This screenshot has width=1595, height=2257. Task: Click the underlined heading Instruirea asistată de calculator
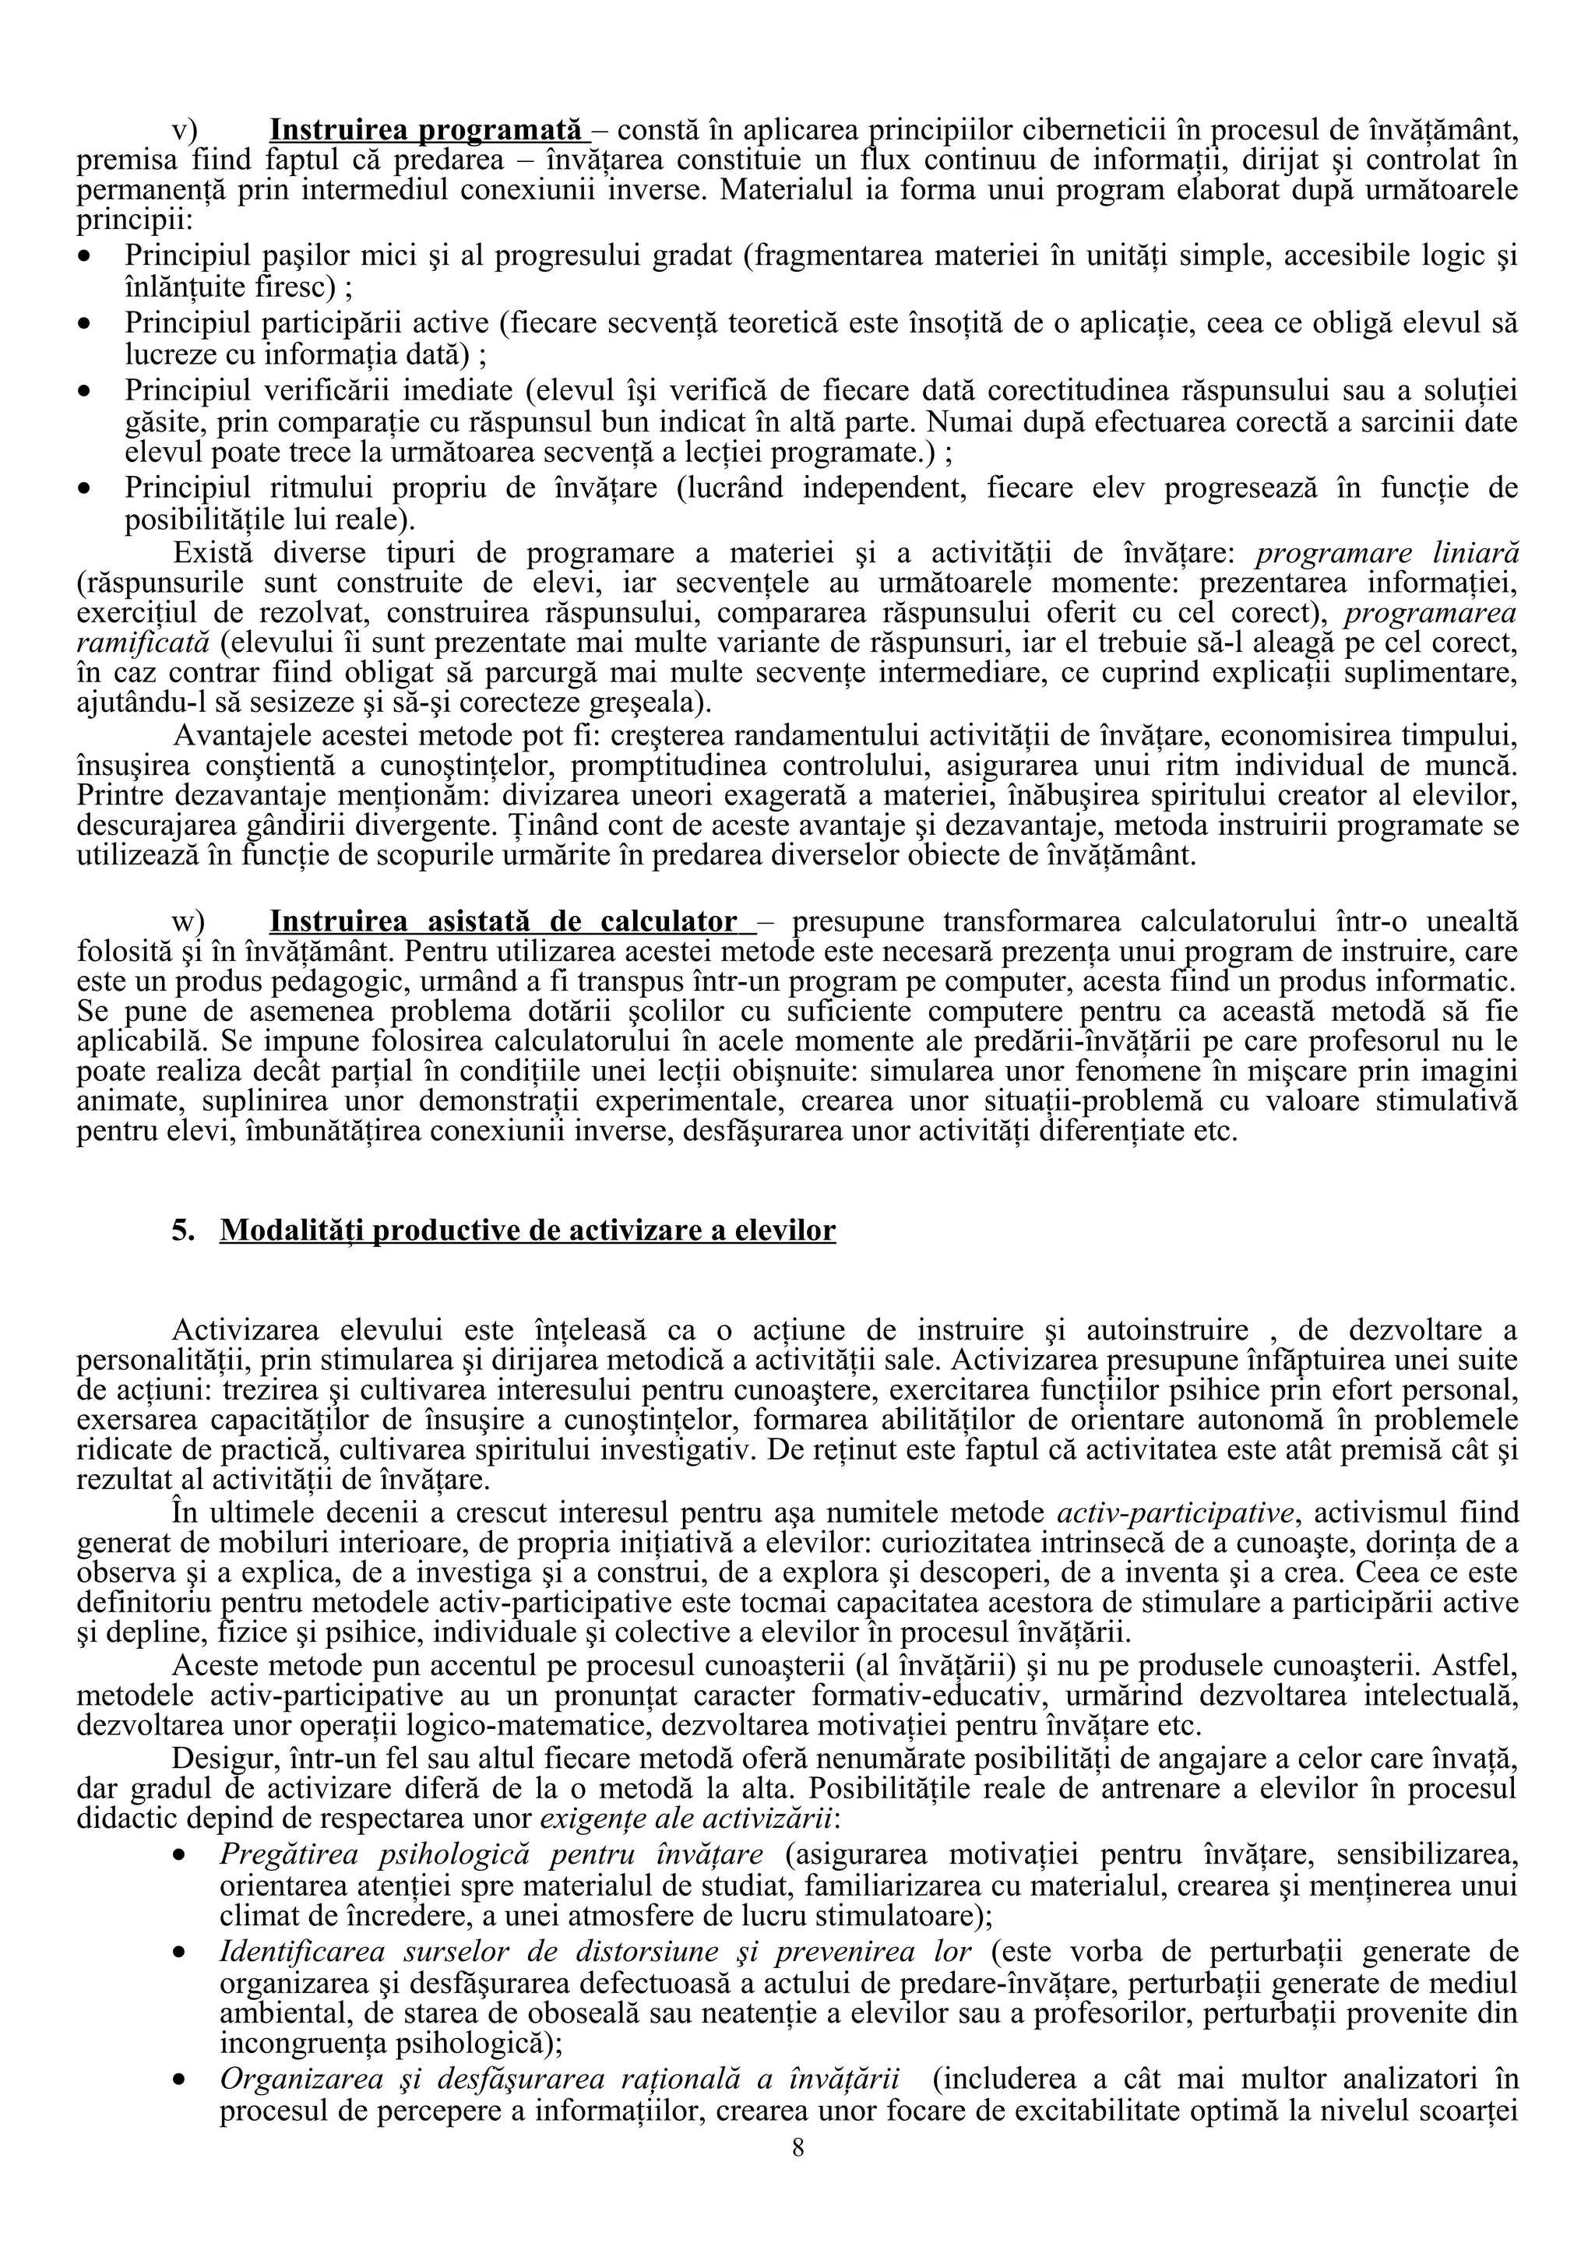pyautogui.click(x=503, y=921)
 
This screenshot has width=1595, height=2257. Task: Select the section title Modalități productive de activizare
pyautogui.click(x=528, y=1231)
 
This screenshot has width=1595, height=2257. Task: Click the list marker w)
pyautogui.click(x=188, y=921)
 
